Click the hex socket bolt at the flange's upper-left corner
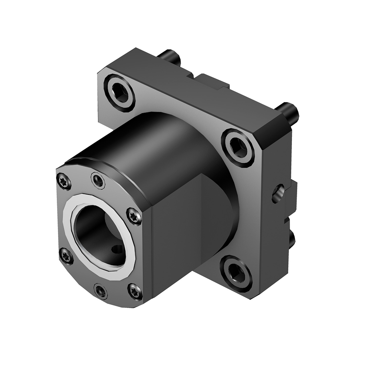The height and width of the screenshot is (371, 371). coord(119,93)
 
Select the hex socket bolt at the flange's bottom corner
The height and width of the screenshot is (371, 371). coord(236,273)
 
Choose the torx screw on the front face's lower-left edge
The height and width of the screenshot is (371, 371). coord(66,256)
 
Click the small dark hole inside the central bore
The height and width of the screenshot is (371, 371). coord(118,249)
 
